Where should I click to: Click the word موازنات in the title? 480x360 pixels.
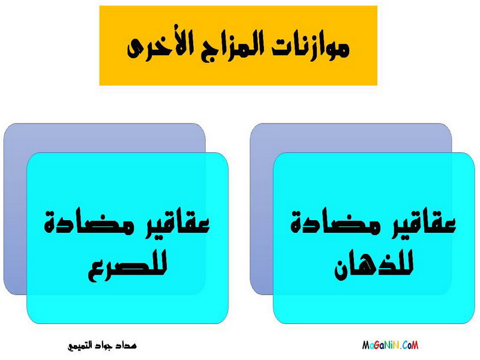pos(311,48)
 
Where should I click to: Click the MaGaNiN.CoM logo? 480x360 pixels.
pos(390,346)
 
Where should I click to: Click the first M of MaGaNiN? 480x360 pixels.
pos(366,346)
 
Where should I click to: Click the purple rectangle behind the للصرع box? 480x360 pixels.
pos(16,208)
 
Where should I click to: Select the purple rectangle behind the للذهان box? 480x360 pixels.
pos(262,208)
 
